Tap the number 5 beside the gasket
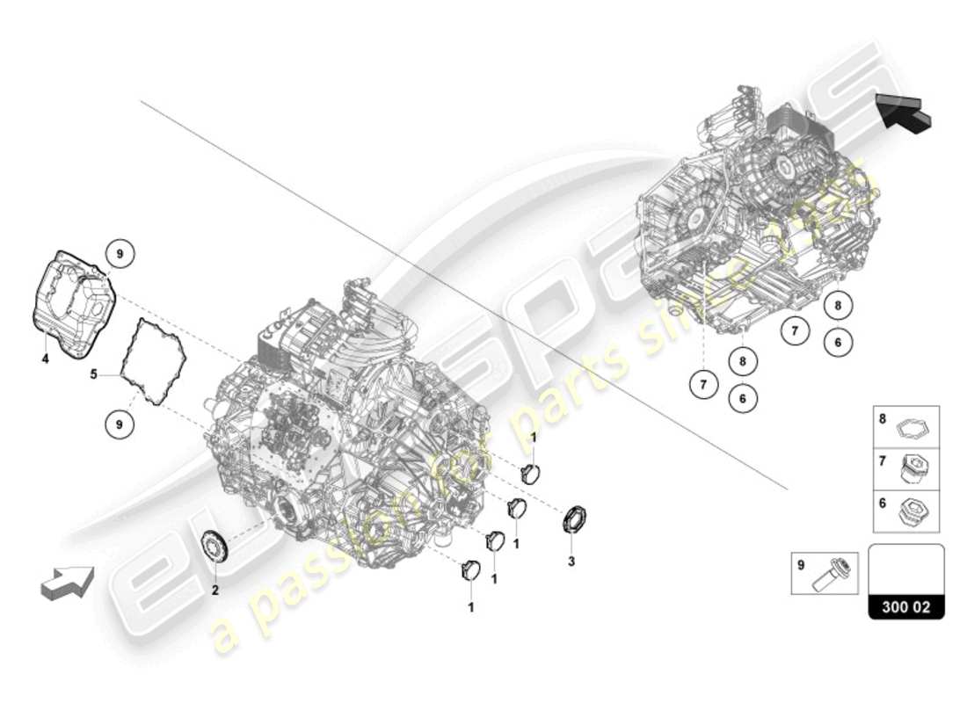point(93,375)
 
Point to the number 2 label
point(214,590)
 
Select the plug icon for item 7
point(914,469)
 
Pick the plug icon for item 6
point(914,511)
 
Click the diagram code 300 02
point(906,606)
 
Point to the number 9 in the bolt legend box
point(801,566)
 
